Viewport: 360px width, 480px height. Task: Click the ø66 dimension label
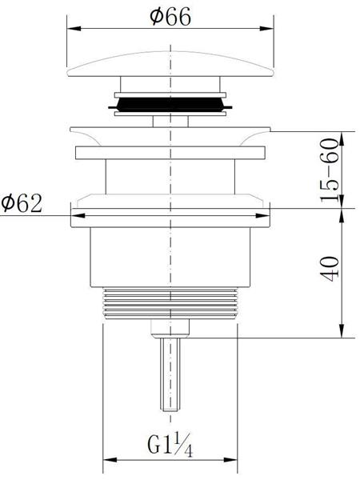170,16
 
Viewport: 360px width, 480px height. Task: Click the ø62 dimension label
22,203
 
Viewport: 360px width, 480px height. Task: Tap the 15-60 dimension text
330,170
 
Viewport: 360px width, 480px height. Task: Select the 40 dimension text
330,269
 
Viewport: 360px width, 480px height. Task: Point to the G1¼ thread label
170,446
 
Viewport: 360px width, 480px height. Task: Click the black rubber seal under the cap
170,105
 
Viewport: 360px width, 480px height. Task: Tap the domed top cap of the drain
170,64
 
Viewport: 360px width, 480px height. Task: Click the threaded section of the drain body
170,303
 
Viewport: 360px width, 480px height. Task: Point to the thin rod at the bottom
170,374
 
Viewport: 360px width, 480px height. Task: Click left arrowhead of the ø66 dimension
74,29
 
